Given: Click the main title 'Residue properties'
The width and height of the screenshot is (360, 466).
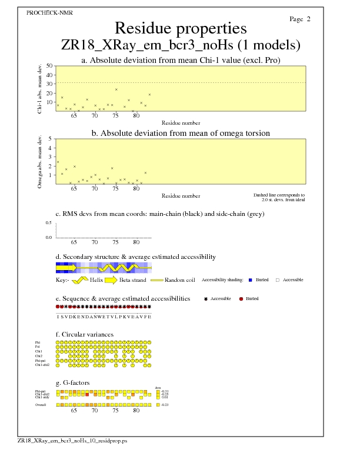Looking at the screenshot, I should pyautogui.click(x=181, y=28).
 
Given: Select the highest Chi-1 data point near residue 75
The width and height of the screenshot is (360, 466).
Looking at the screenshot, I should pyautogui.click(x=116, y=89).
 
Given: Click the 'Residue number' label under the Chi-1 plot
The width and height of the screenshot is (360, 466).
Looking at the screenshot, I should pyautogui.click(x=181, y=123).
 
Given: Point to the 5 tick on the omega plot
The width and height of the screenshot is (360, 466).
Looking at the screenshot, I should pyautogui.click(x=50, y=139).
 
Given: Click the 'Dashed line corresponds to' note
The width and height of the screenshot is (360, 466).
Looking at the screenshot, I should pyautogui.click(x=279, y=195).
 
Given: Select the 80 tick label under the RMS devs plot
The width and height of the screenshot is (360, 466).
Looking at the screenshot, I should pyautogui.click(x=136, y=242).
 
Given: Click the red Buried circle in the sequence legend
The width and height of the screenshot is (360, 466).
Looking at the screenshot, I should pyautogui.click(x=241, y=299).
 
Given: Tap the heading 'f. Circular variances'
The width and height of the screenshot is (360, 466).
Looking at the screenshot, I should pyautogui.click(x=84, y=334).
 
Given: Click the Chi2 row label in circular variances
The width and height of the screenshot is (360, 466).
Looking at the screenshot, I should pyautogui.click(x=38, y=356).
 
